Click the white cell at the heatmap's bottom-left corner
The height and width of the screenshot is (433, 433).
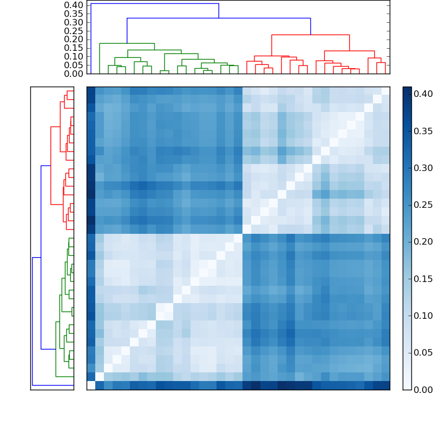(91, 385)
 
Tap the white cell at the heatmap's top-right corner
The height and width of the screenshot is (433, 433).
(385, 91)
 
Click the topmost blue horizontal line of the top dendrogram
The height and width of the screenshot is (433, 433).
(155, 4)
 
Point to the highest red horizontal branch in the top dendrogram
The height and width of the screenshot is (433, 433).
(310, 35)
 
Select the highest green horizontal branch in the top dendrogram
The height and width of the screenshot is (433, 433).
(127, 43)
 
